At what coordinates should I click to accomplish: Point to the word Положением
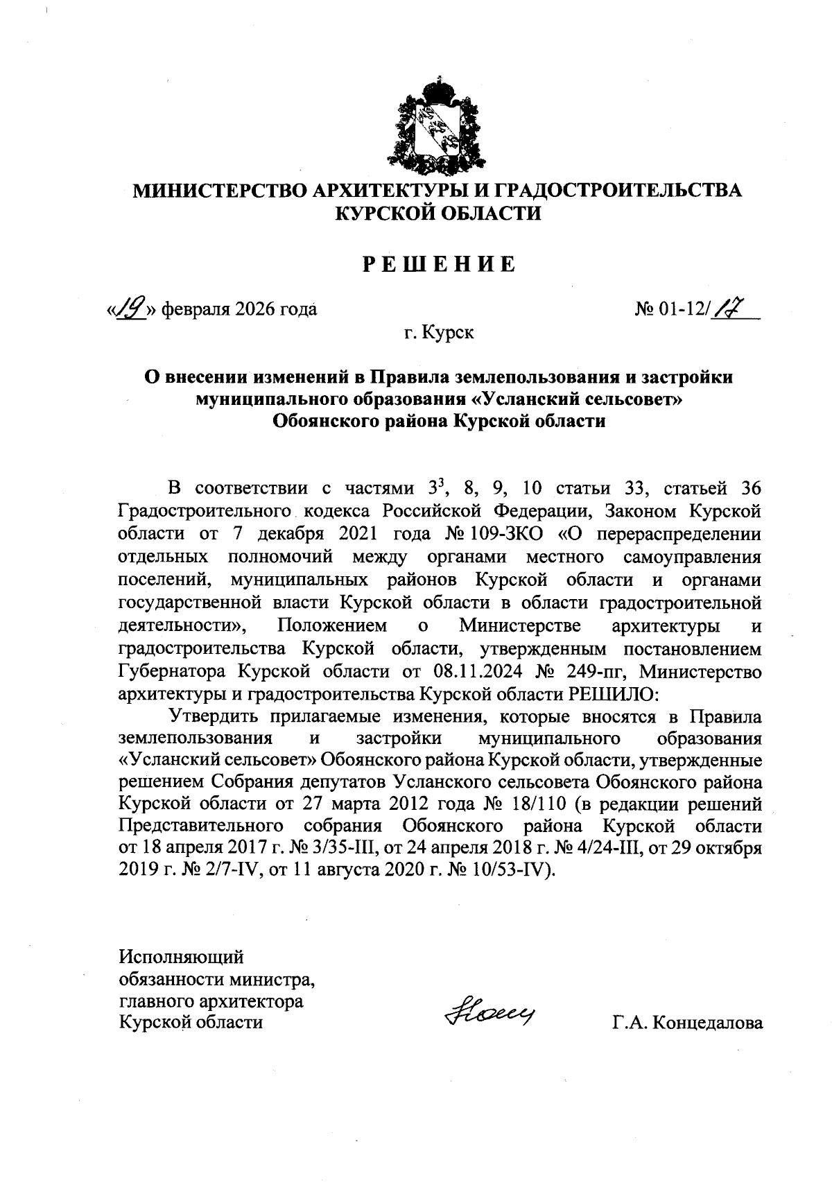331,626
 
